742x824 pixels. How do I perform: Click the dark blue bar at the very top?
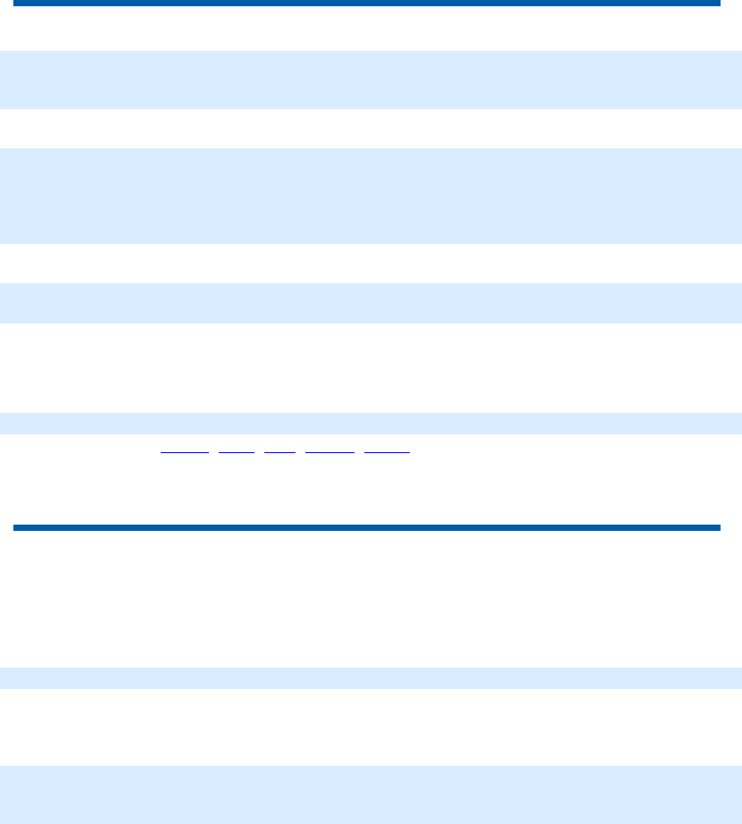pos(366,4)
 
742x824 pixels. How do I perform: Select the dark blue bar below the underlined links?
pos(366,528)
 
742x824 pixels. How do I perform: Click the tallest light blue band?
pos(371,196)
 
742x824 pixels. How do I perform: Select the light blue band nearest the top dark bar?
pos(371,80)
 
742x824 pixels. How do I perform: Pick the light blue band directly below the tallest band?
pos(371,303)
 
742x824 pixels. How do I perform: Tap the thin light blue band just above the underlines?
pos(371,423)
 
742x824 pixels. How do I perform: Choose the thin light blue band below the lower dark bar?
pos(371,677)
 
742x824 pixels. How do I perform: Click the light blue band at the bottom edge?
pos(371,795)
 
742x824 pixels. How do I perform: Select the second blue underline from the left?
pos(237,453)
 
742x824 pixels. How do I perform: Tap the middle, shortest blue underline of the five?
pos(280,453)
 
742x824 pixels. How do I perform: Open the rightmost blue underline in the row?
pos(388,453)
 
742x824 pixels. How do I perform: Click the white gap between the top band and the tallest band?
pos(371,129)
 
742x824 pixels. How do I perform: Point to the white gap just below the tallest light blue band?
pos(371,264)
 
